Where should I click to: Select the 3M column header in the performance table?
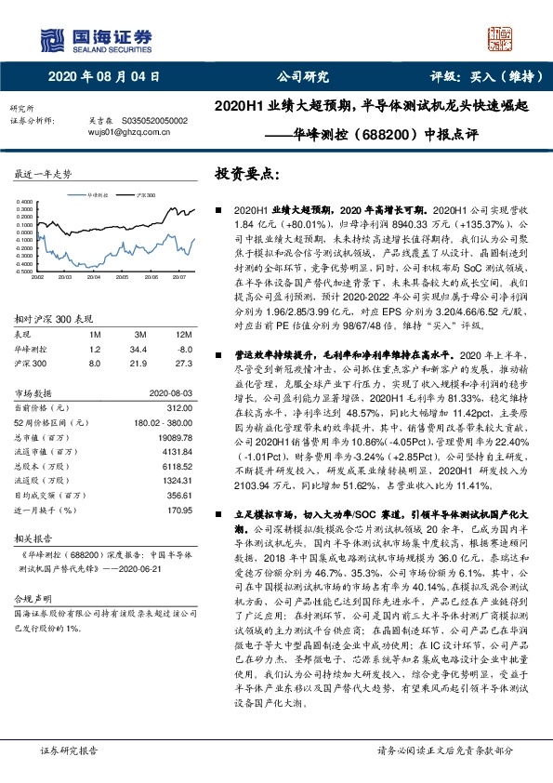point(140,333)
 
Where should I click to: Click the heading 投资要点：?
point(247,173)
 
